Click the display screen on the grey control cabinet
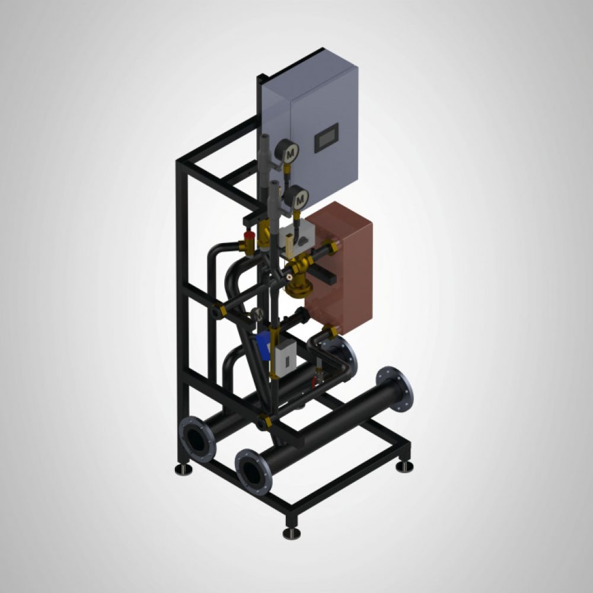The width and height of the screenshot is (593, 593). pyautogui.click(x=326, y=138)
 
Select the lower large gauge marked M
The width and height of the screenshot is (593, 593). pyautogui.click(x=297, y=198)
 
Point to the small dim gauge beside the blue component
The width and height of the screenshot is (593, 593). pyautogui.click(x=257, y=314)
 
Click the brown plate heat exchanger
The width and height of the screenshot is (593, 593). pyautogui.click(x=340, y=268)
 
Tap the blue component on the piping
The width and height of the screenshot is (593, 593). pyautogui.click(x=264, y=342)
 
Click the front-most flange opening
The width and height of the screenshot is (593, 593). pyautogui.click(x=254, y=473)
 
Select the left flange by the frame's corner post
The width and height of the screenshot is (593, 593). pyautogui.click(x=197, y=439)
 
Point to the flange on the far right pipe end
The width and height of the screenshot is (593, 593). pyautogui.click(x=395, y=389)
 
